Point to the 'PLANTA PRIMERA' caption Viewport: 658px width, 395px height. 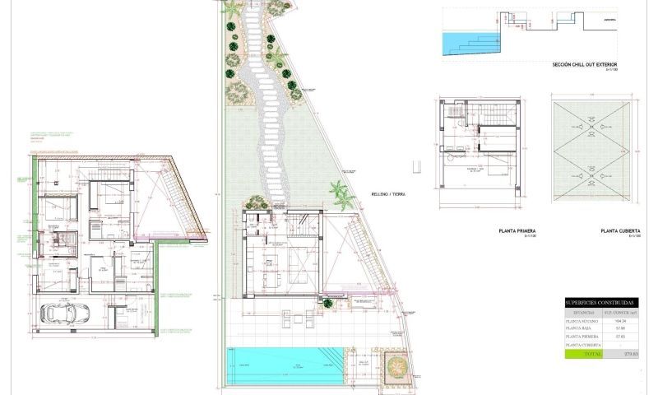pyautogui.click(x=517, y=232)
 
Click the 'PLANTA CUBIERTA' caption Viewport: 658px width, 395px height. pyautogui.click(x=620, y=232)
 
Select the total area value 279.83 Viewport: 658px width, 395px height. pyautogui.click(x=633, y=354)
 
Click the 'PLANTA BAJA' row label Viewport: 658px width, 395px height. pyautogui.click(x=581, y=329)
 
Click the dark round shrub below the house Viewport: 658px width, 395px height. pyautogui.click(x=328, y=303)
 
